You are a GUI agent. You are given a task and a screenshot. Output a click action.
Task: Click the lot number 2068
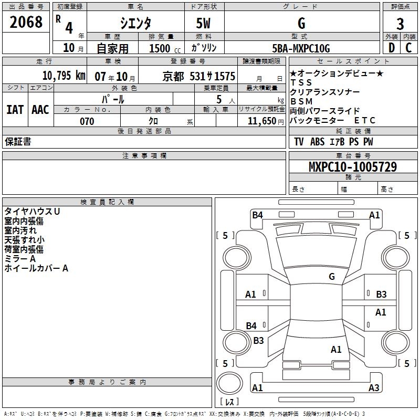[26, 23]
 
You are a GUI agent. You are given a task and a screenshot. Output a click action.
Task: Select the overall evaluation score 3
[400, 24]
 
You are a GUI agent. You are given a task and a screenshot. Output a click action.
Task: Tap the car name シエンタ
[136, 23]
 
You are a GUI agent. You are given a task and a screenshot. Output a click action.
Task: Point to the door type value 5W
[204, 24]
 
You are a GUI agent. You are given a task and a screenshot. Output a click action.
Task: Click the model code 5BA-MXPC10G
[301, 48]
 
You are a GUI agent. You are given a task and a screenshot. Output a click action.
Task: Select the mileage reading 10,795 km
[64, 76]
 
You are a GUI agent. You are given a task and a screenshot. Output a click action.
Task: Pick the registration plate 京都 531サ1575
[199, 76]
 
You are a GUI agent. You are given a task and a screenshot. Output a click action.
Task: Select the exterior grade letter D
[392, 48]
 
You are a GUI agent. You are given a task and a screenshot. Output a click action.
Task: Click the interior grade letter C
[409, 48]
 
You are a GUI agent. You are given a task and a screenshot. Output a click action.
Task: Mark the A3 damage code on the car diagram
[374, 388]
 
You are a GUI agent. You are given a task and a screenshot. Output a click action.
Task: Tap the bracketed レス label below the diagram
[229, 403]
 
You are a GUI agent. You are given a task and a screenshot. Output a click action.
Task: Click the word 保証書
[18, 142]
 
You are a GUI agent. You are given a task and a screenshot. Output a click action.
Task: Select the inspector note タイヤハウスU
[33, 212]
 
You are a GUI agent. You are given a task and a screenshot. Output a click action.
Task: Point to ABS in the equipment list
[317, 142]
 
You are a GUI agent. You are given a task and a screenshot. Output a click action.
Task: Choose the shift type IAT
[15, 110]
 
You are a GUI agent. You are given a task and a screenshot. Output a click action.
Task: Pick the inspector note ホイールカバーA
[36, 268]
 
